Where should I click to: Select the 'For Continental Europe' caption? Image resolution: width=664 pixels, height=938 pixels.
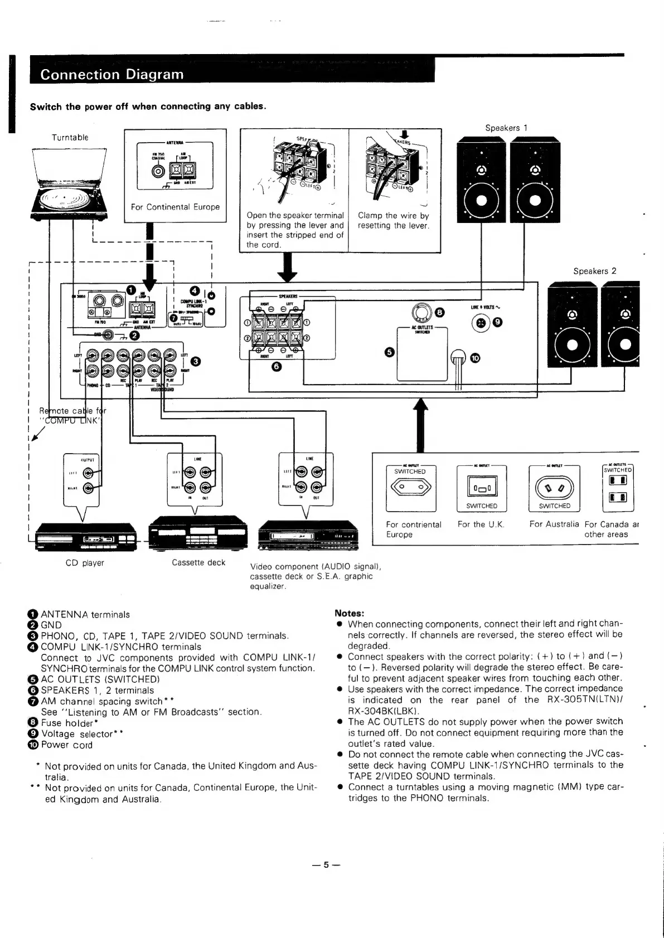(175, 207)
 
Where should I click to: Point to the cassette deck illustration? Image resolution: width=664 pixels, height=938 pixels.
(198, 534)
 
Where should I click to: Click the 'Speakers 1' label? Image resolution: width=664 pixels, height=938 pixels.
(506, 128)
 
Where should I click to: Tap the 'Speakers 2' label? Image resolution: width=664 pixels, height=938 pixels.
(595, 271)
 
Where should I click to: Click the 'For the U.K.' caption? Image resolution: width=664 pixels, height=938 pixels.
(481, 524)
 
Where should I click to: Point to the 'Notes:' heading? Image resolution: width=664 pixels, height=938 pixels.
(349, 613)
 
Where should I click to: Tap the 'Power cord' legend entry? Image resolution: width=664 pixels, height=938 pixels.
(66, 745)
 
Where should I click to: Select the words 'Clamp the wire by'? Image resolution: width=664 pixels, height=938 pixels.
(393, 216)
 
